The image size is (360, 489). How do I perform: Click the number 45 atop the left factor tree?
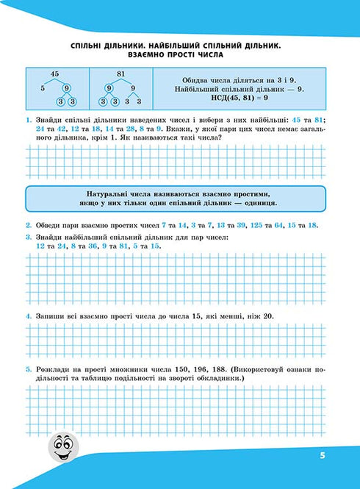[54, 74]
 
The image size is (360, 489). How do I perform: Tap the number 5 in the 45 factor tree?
[43, 89]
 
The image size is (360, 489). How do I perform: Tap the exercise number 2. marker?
[27, 225]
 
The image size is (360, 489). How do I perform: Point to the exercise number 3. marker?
[27, 238]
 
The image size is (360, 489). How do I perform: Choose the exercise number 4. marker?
[27, 316]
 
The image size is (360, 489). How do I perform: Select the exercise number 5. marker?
[27, 368]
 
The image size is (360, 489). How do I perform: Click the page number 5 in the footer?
[322, 456]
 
